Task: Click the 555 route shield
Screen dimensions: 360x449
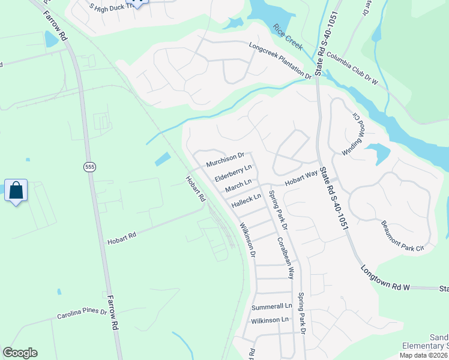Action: [x=89, y=167]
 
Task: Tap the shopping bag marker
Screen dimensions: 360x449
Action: [x=16, y=191]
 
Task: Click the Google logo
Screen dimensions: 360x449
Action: [x=20, y=353]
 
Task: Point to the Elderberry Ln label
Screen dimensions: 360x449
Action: [x=232, y=174]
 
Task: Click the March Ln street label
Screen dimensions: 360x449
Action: [x=237, y=187]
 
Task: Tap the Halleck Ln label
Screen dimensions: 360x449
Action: [x=247, y=200]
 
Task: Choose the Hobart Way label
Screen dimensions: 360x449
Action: [x=300, y=178]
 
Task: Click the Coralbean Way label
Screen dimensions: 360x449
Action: [x=286, y=257]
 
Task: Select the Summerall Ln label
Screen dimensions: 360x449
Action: [x=271, y=306]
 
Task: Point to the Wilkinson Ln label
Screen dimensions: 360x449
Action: [x=270, y=321]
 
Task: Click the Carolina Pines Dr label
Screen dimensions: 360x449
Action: [x=82, y=314]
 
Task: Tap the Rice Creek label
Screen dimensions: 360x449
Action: [x=288, y=37]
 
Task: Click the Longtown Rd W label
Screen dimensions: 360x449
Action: [x=385, y=279]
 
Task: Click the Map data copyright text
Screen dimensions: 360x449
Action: [x=423, y=355]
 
